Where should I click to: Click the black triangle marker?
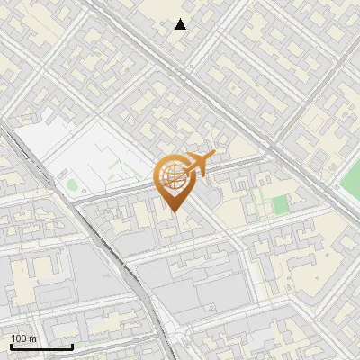[x=181, y=24]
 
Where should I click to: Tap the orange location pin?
[x=176, y=181]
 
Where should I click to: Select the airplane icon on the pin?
[x=198, y=164]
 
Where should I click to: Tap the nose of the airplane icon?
[x=212, y=158]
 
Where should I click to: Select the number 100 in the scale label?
[x=20, y=338]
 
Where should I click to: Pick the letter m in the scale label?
[x=34, y=338]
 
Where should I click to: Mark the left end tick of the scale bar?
[x=11, y=345]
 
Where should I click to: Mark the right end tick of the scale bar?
[x=72, y=345]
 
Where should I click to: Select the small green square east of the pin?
[x=281, y=205]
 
